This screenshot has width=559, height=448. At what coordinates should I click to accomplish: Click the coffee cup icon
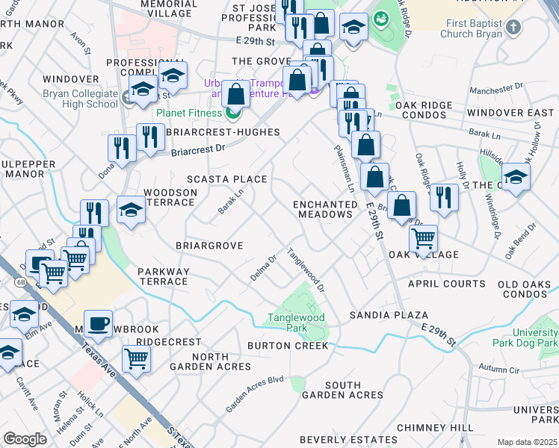click(x=98, y=324)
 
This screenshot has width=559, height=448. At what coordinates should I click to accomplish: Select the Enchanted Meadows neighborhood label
click(x=324, y=209)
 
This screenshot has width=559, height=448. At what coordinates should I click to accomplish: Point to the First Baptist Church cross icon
click(x=513, y=28)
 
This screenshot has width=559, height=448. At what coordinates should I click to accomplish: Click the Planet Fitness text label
click(x=188, y=113)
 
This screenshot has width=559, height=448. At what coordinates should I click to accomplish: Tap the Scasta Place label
click(x=226, y=179)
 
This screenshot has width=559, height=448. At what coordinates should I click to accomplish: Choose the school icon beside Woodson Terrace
click(x=131, y=210)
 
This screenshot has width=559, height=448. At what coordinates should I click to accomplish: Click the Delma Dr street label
click(x=263, y=270)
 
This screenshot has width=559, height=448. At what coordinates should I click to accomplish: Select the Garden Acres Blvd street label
click(x=255, y=393)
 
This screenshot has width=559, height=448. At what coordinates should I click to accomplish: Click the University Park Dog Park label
click(x=525, y=337)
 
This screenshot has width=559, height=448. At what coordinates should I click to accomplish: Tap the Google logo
click(x=25, y=439)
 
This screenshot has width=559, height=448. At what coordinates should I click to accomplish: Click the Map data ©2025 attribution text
click(x=527, y=442)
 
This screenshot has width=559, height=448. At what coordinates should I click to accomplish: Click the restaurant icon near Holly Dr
click(x=444, y=197)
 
